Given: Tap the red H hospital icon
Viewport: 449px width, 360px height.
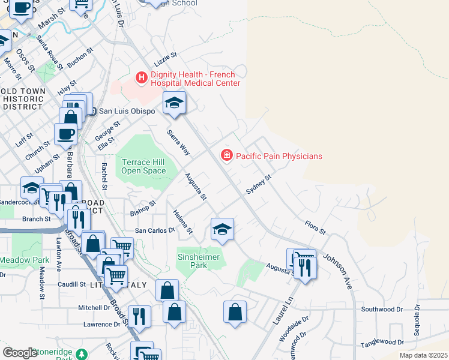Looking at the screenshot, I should click(x=142, y=77).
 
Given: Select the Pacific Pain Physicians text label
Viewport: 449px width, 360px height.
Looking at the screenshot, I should click(x=279, y=156).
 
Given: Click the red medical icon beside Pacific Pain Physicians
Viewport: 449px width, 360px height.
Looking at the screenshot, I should click(x=227, y=155).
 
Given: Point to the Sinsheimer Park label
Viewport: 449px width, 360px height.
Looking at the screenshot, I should click(x=199, y=261).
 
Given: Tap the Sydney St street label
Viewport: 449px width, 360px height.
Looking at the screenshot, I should click(x=259, y=185).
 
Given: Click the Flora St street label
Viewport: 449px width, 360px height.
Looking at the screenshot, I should click(x=315, y=228).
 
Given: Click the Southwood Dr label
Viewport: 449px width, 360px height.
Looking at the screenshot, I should click(x=382, y=309).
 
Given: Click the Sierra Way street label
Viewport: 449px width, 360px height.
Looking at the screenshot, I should click(x=178, y=142).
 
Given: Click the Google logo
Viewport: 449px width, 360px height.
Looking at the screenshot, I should click(x=20, y=353).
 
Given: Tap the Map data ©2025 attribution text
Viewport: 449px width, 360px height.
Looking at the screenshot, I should click(x=423, y=355).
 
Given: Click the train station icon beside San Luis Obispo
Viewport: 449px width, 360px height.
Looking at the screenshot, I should click(x=92, y=110).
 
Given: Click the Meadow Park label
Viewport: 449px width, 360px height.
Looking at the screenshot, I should click(x=24, y=260).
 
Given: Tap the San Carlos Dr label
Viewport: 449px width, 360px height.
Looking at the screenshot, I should click(x=154, y=230).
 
